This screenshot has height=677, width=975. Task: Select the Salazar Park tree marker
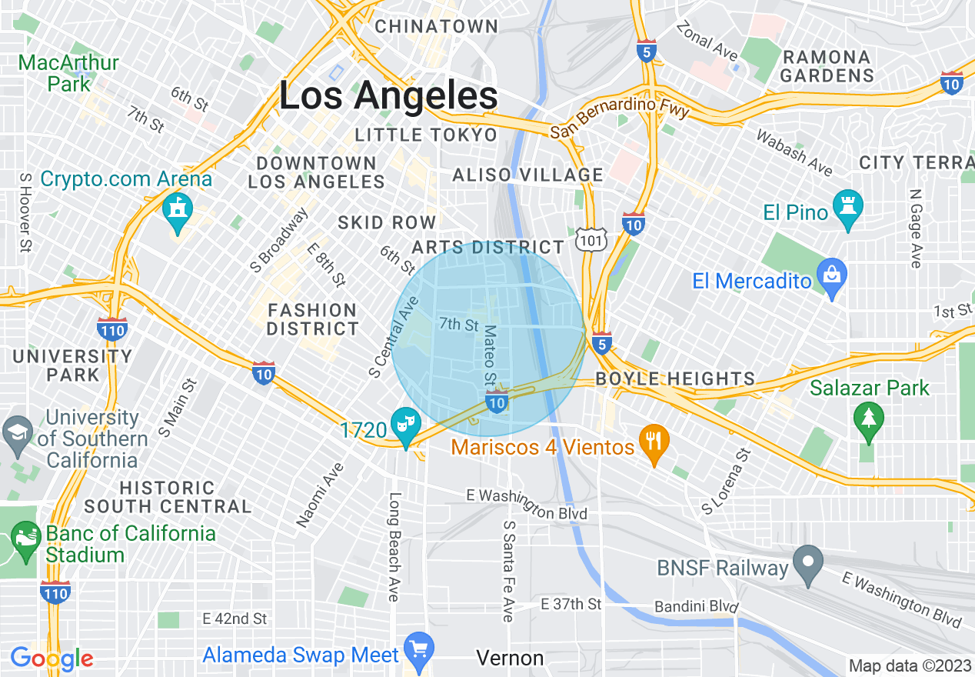point(868,420)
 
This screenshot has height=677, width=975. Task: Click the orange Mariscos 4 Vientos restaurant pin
point(654,443)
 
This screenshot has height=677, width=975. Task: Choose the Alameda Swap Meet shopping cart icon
point(419,649)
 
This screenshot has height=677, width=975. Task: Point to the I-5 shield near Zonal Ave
point(647,52)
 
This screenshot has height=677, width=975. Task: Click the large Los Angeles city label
point(388,97)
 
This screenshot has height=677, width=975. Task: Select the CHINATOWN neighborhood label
point(437,26)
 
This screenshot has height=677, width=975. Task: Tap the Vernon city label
point(510,658)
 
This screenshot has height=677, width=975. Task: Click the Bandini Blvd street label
point(696,607)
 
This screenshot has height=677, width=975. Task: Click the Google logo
point(52,658)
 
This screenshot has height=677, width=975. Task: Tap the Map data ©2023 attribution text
point(910,665)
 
